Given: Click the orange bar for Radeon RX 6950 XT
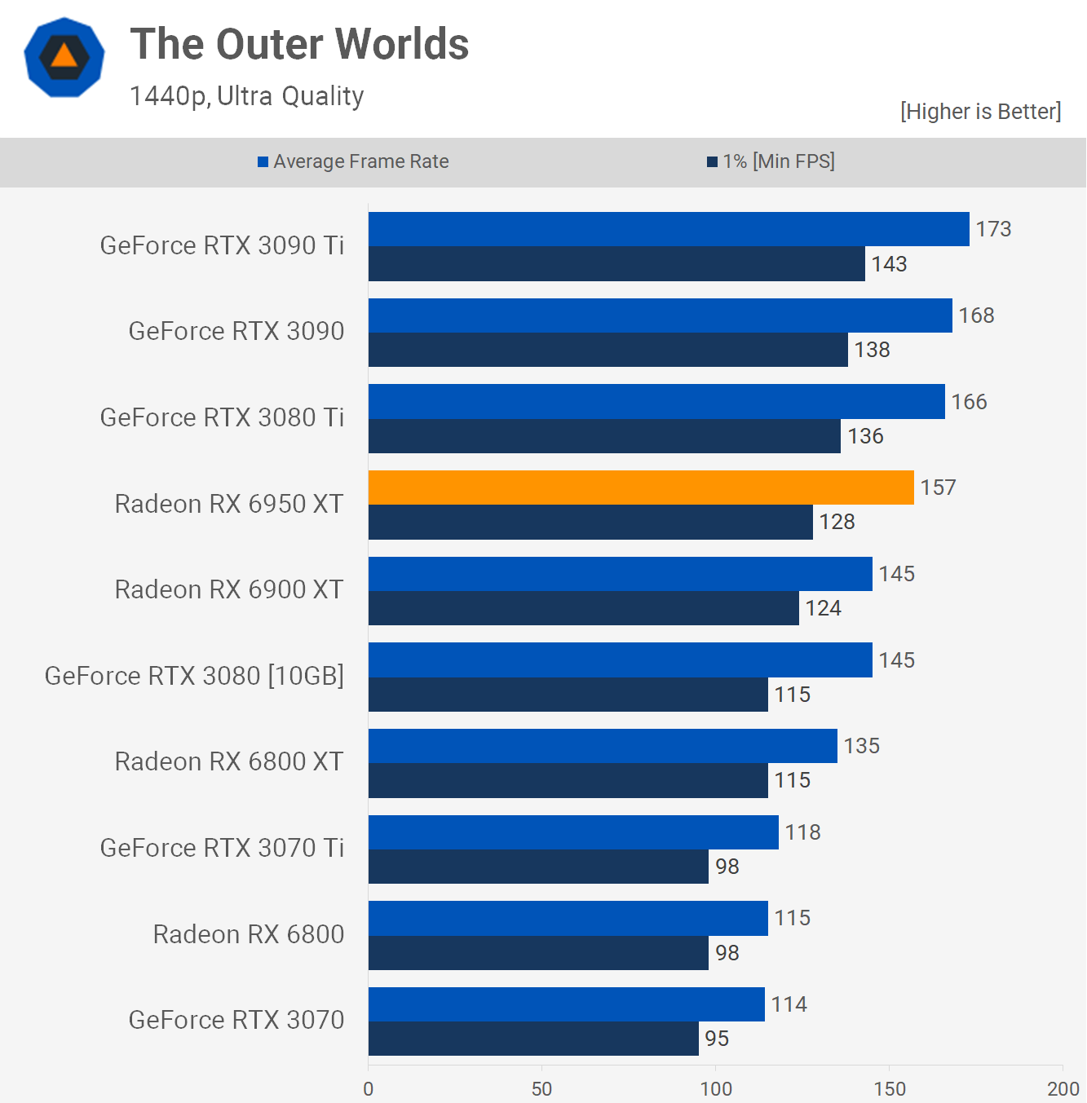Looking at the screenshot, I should click(641, 488).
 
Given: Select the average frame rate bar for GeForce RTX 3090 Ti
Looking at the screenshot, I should click(669, 229).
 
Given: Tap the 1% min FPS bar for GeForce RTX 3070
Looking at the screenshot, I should click(533, 1039).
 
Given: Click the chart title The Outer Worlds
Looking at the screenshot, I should click(299, 44).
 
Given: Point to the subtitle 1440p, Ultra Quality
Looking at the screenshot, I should click(246, 96).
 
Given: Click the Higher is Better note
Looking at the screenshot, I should click(980, 112).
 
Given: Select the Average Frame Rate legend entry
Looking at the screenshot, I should click(353, 161).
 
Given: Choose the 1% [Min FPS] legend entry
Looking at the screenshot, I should click(771, 161).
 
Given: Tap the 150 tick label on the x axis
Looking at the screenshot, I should click(889, 1088).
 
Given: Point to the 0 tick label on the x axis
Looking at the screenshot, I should click(369, 1088).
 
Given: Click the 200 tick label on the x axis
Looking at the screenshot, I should click(1063, 1088).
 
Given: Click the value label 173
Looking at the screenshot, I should click(993, 229).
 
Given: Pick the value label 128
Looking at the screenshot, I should click(837, 522).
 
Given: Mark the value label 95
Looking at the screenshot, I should click(717, 1039).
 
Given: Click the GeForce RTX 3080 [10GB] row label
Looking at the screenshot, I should click(194, 676).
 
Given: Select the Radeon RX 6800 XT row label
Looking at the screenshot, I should click(229, 761).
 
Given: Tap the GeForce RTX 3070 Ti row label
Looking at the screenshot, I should click(222, 848).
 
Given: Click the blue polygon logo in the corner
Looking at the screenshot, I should click(64, 57).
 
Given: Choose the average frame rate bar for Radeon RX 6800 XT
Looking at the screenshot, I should click(603, 746).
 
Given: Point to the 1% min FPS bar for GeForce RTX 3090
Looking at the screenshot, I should click(608, 350).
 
